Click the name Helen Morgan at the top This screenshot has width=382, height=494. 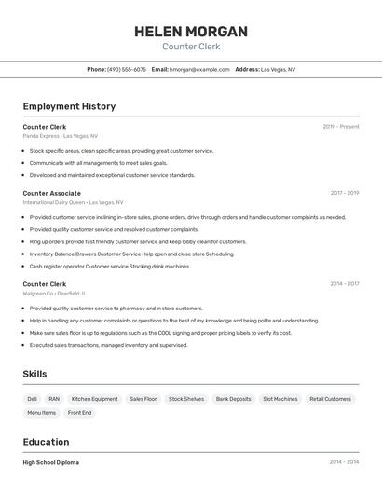[x=191, y=31]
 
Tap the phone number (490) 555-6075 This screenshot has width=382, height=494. [x=127, y=69]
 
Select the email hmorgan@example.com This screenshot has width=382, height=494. [x=199, y=69]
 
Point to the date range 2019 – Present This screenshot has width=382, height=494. [x=341, y=127]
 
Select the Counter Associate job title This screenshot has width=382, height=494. [x=52, y=193]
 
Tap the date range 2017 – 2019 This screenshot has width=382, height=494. [x=344, y=193]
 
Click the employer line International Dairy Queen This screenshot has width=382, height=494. [x=73, y=202]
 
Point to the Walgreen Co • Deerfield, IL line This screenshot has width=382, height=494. [x=55, y=294]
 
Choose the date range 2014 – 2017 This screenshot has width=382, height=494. [x=344, y=284]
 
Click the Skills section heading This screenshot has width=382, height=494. [x=35, y=374]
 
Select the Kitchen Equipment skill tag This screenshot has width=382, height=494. [x=95, y=399]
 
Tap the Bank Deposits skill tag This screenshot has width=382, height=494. [x=234, y=399]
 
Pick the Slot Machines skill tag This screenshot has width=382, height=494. [x=280, y=399]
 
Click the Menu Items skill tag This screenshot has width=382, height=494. [x=41, y=413]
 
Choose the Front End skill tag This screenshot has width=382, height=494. [x=80, y=413]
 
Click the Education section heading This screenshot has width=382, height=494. [x=46, y=442]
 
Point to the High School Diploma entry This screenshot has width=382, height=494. [x=51, y=462]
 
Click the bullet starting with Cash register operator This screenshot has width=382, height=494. [x=109, y=266]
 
